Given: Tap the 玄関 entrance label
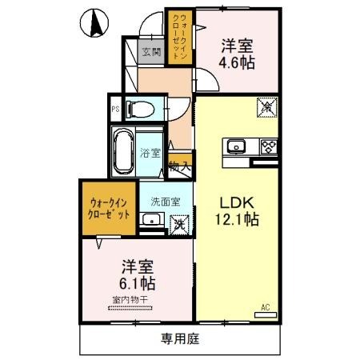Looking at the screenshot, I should pos(152,53).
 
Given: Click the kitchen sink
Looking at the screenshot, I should pos(238,146).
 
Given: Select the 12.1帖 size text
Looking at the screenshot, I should pos(238,217).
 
